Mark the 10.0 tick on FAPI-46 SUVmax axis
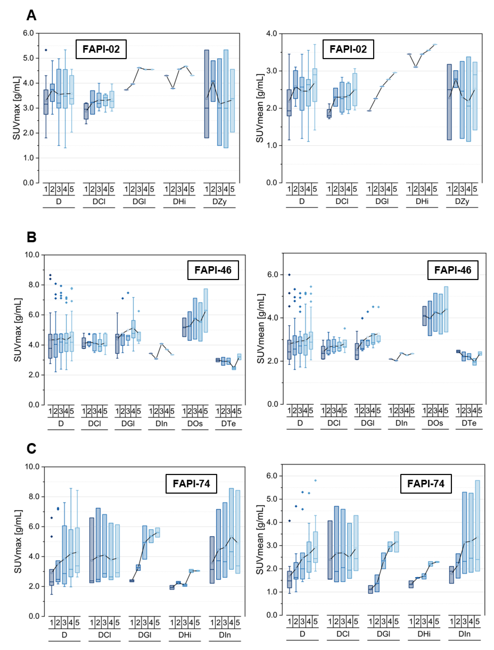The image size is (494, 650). pos(32,255)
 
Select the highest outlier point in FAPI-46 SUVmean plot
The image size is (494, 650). pos(289,275)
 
